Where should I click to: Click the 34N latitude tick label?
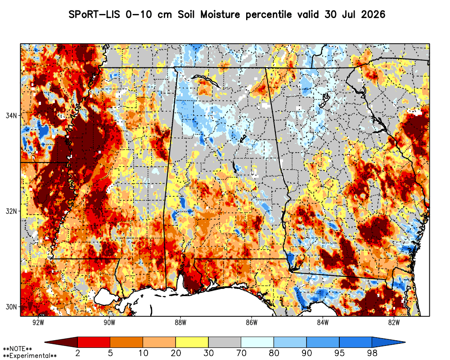(11, 115)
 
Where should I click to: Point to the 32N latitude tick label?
(11, 211)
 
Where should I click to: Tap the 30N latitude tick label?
(11, 306)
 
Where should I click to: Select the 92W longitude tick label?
(38, 322)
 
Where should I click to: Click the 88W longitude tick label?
(180, 322)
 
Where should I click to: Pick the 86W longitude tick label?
(252, 322)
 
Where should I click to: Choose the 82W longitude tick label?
(394, 322)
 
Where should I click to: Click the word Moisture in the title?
(220, 14)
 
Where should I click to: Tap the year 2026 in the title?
(373, 14)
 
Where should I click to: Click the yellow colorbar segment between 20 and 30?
(192, 342)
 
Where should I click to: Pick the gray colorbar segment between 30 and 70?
(225, 342)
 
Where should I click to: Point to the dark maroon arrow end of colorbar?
(61, 342)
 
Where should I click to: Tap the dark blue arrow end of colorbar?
(388, 342)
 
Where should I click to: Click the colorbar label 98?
(372, 353)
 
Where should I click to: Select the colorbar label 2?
(77, 353)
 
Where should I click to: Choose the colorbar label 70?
(241, 353)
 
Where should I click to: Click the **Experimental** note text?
(30, 356)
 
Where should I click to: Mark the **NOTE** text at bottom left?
(17, 349)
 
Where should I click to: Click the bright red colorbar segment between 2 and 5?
(94, 342)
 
